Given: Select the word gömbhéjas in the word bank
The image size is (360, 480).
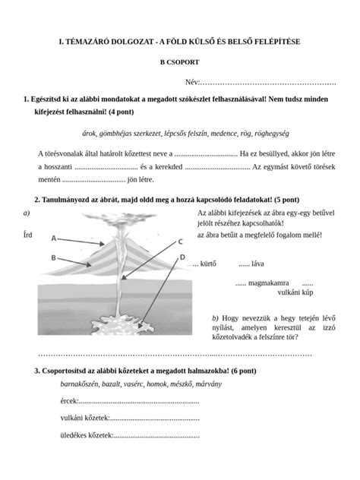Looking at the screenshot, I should pyautogui.click(x=128, y=132).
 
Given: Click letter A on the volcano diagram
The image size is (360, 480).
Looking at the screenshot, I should pyautogui.click(x=54, y=238).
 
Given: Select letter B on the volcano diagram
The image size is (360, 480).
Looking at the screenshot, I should pyautogui.click(x=54, y=257).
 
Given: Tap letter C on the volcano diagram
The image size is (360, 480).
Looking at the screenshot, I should pyautogui.click(x=181, y=242).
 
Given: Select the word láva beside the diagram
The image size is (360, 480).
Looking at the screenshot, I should pyautogui.click(x=256, y=264).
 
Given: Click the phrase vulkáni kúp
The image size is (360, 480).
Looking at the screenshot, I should pyautogui.click(x=296, y=292).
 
